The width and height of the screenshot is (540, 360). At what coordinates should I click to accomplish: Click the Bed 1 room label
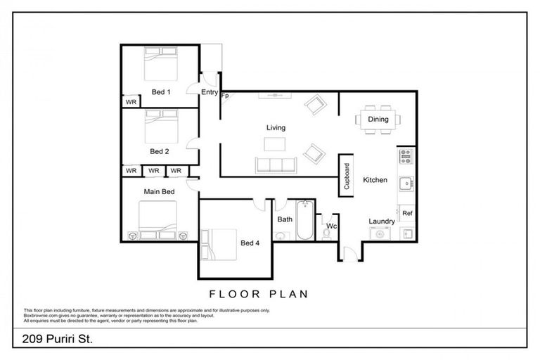point(161,91)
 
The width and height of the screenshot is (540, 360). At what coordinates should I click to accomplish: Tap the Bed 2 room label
point(160,151)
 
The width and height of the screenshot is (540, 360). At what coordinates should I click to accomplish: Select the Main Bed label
point(159,191)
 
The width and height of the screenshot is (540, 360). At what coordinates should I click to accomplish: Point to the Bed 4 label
point(250,243)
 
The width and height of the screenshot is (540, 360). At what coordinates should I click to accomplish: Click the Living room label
point(276,127)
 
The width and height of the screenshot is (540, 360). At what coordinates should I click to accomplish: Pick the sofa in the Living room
point(276,165)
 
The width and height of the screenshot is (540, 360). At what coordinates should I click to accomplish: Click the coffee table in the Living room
point(276,144)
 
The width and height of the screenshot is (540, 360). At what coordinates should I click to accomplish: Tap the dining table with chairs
point(378,119)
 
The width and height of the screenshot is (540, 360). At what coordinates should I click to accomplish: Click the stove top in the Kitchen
point(405,156)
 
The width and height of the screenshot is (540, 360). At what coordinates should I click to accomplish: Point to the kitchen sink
point(406,184)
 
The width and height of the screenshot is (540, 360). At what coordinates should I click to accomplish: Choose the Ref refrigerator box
point(407,212)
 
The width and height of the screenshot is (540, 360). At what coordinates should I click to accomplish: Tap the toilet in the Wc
point(326,233)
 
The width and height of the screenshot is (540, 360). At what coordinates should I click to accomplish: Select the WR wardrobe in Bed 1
point(131,102)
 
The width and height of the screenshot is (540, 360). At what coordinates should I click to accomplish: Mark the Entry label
point(210,91)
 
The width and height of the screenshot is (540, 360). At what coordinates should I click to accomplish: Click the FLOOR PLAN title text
point(259,294)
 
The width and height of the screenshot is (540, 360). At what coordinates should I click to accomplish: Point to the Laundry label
point(382,221)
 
